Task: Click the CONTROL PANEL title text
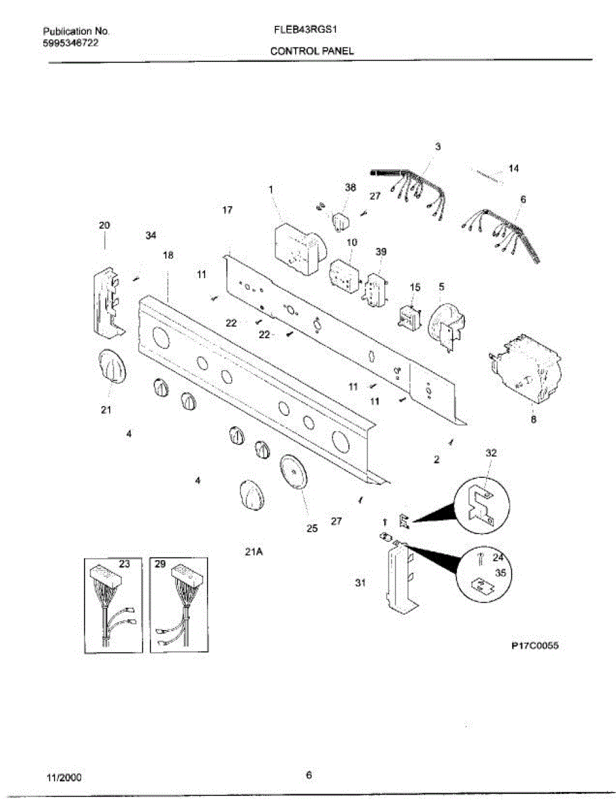(312, 51)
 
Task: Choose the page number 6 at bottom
(308, 775)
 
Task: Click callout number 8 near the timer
(533, 420)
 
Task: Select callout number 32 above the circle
(491, 453)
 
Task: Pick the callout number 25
(312, 529)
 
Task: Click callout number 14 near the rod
(513, 169)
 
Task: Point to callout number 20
(105, 225)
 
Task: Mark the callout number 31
(360, 583)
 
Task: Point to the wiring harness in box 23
(110, 607)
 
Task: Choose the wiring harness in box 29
(176, 607)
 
